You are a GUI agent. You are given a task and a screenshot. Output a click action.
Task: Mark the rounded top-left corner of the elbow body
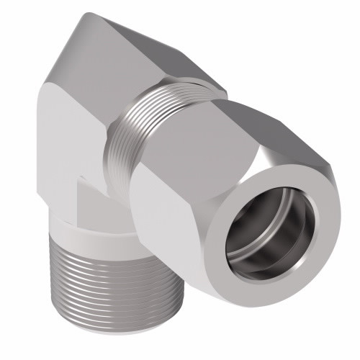[x=45, y=108]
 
